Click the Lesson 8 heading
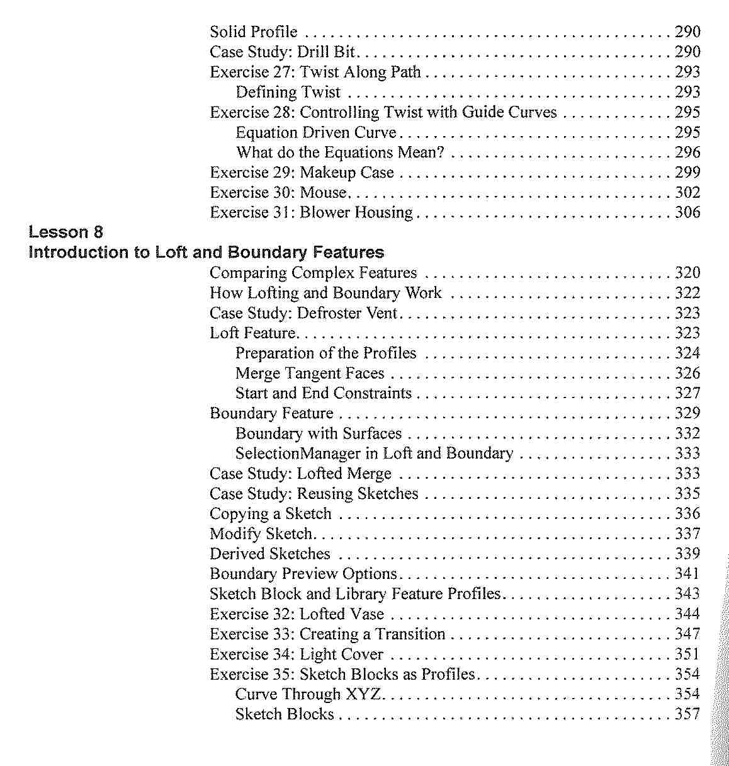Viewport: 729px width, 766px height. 65,232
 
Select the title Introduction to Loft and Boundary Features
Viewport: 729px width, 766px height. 206,253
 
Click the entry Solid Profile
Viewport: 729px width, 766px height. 253,31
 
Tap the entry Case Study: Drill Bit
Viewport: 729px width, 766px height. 283,52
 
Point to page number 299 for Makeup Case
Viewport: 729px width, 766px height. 687,173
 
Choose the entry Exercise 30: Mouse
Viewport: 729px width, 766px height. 278,193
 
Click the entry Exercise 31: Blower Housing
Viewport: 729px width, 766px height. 311,213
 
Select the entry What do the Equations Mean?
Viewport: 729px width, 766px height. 340,152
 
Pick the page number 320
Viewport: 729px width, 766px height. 687,273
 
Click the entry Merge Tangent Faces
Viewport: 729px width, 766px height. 310,374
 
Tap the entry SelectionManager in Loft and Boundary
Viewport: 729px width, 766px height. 374,454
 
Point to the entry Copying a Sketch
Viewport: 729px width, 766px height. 270,514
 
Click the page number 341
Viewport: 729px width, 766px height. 687,574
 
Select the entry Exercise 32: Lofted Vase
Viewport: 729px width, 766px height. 297,614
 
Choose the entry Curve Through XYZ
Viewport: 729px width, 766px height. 308,694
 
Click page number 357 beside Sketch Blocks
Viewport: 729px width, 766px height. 687,714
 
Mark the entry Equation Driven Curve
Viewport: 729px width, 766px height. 316,132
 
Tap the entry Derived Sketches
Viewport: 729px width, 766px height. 269,554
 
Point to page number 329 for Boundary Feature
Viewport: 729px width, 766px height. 687,413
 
